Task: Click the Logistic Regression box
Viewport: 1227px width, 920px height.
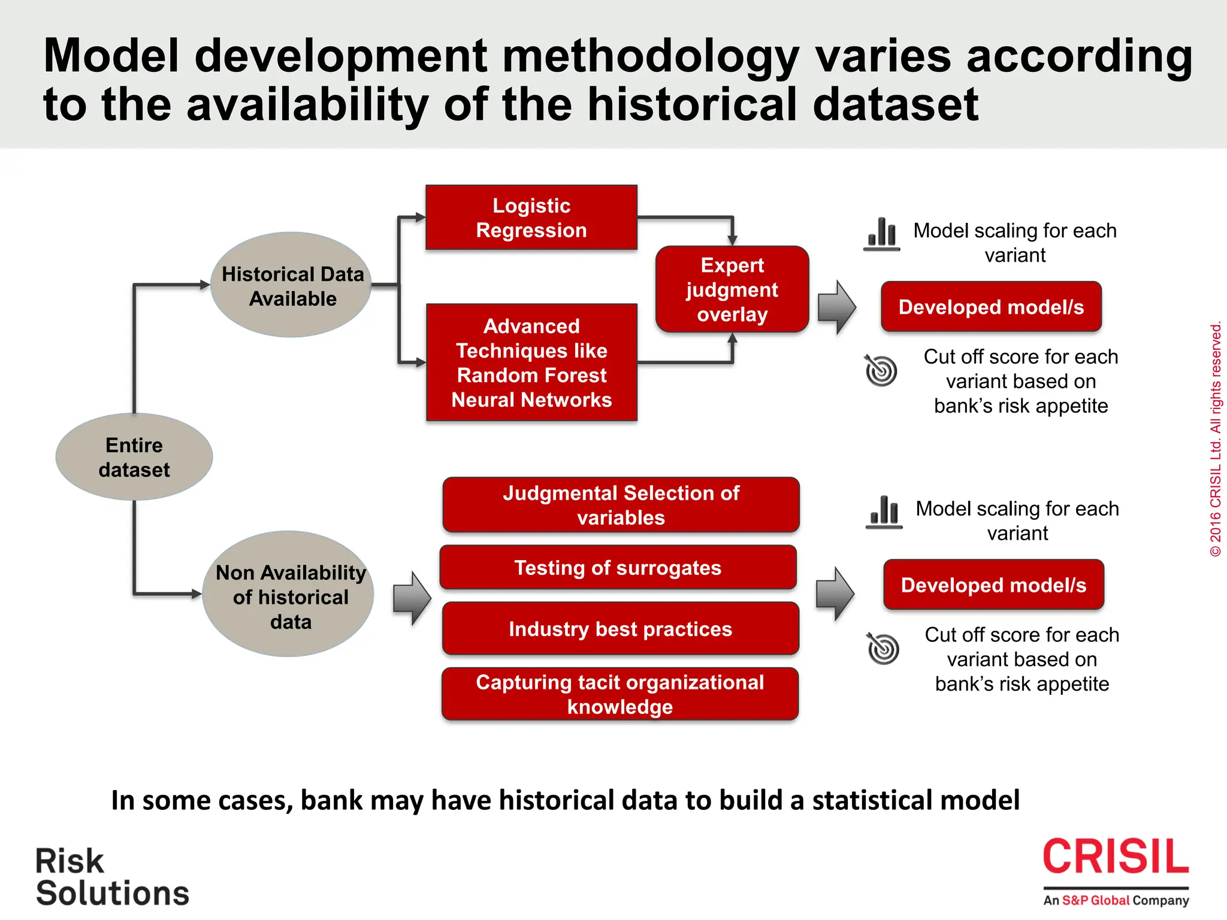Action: coord(531,217)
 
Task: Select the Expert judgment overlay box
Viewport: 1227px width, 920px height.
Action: coord(732,289)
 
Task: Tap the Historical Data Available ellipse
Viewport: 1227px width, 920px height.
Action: coord(292,285)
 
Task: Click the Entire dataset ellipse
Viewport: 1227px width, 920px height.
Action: coord(134,457)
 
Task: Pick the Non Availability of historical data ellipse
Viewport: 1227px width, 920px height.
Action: coord(289,594)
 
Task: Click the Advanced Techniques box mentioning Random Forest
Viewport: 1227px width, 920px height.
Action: coord(531,362)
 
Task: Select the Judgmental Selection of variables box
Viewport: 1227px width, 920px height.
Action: coord(621,505)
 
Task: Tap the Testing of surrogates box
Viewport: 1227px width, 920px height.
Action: coord(618,567)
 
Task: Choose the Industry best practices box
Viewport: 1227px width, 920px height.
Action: coord(620,628)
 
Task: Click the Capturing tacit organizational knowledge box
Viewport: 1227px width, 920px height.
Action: coord(620,694)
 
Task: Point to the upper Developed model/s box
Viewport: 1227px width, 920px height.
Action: coord(991,307)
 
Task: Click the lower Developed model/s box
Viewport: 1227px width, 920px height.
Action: coord(993,585)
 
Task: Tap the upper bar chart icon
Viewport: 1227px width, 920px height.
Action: coord(882,234)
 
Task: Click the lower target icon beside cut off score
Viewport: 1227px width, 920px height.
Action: coord(883,648)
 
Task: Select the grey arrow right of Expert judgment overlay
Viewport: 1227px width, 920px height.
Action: coord(837,307)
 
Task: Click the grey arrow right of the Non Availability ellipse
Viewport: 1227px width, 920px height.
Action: coord(412,598)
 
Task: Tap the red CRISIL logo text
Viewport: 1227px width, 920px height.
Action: coord(1116,857)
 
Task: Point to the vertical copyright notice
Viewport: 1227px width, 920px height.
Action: coord(1216,440)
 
